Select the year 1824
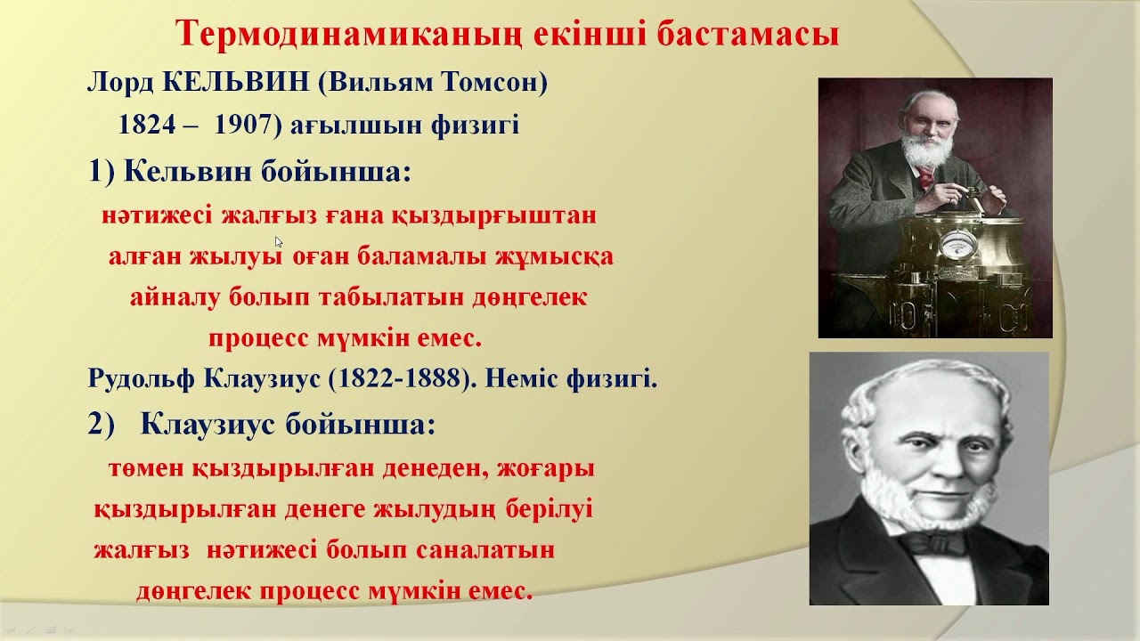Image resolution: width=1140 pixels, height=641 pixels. point(146,126)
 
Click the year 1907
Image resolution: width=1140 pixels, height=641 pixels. point(242,126)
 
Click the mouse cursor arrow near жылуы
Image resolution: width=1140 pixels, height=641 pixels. point(279,241)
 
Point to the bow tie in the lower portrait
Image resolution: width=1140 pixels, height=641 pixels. point(932,541)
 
